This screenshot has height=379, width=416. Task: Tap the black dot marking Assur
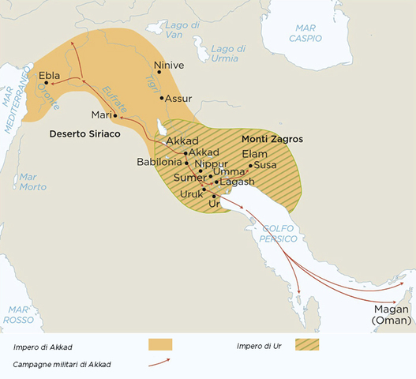(x=161, y=98)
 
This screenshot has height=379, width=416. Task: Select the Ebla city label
(x=49, y=76)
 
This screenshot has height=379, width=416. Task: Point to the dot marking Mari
(x=115, y=116)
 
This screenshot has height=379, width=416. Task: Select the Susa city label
(x=266, y=165)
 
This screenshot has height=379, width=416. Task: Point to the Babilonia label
(x=159, y=162)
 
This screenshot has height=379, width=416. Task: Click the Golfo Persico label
(x=279, y=232)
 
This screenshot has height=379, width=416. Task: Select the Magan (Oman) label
(x=392, y=314)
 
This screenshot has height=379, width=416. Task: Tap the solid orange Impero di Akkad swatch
(x=160, y=345)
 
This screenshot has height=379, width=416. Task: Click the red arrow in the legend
(x=159, y=362)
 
